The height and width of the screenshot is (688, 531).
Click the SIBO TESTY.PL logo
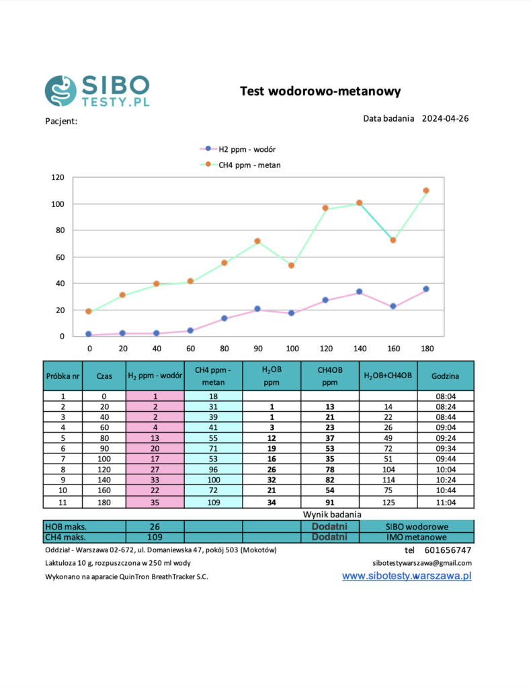click(97, 91)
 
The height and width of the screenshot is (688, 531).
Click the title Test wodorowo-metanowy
click(320, 91)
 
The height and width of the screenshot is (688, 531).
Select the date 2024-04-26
click(445, 118)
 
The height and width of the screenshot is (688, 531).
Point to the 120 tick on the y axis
click(57, 177)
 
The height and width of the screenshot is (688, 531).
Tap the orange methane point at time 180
click(425, 191)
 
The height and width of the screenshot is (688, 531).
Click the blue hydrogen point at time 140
click(359, 292)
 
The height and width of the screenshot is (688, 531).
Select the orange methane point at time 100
click(291, 265)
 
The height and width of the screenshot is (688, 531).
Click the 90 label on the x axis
click(257, 349)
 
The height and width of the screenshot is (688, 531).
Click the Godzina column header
click(446, 376)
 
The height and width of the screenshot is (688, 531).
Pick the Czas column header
click(104, 376)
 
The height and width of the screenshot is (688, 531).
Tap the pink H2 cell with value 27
click(155, 468)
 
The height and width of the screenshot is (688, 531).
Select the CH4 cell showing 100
click(212, 480)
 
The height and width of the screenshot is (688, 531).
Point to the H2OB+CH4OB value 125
click(388, 502)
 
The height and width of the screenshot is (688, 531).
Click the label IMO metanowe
click(416, 537)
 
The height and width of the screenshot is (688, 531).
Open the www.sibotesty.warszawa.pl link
click(407, 576)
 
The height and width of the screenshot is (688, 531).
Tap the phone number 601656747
click(448, 550)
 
